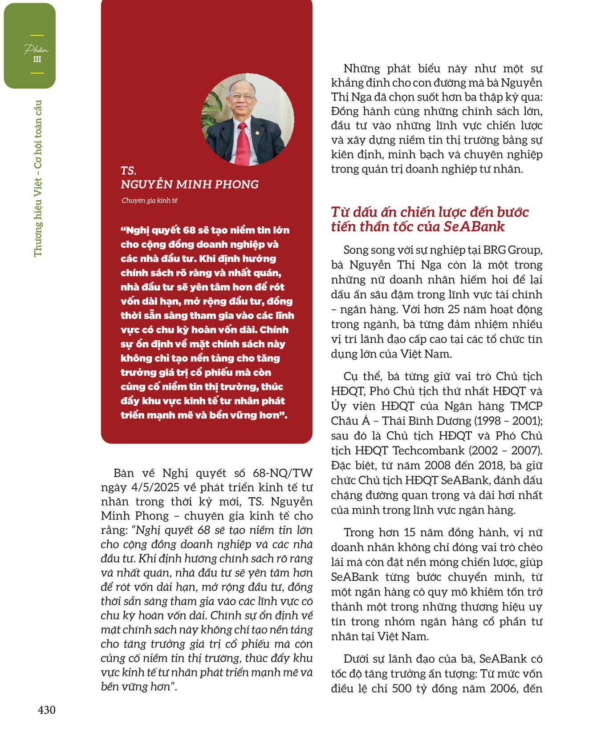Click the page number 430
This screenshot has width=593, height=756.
point(46,710)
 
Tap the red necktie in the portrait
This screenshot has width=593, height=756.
point(243,143)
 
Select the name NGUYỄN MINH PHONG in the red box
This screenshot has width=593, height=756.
point(189,185)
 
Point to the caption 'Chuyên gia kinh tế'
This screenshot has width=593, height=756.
point(149,201)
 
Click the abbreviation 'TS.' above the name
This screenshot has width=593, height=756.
point(128,171)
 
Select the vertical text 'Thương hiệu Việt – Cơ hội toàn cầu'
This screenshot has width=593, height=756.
point(38,178)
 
